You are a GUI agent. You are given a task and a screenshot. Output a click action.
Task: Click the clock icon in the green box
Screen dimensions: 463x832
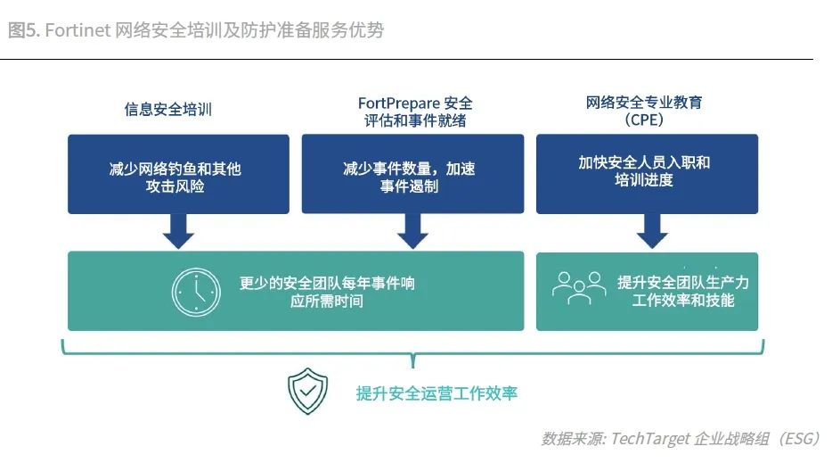click(196, 291)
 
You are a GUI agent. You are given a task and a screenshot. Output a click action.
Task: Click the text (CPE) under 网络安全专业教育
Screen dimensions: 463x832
click(644, 120)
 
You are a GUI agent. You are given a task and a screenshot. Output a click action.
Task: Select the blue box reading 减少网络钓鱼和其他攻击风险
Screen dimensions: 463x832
click(178, 174)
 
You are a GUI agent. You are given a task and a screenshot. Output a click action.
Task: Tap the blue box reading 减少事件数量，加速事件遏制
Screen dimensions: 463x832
click(412, 174)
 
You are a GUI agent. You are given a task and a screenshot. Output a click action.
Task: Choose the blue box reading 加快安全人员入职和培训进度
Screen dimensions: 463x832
click(647, 174)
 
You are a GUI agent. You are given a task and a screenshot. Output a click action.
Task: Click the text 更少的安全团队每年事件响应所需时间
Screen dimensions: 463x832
click(327, 292)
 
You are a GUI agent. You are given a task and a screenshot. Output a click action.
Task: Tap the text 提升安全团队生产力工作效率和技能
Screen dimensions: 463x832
click(682, 292)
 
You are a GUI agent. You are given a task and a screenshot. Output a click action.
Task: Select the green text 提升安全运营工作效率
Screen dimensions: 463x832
click(436, 393)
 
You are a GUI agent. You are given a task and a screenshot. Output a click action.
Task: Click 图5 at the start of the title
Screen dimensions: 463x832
click(22, 30)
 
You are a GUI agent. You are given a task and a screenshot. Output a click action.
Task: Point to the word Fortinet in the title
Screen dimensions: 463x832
click(77, 30)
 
